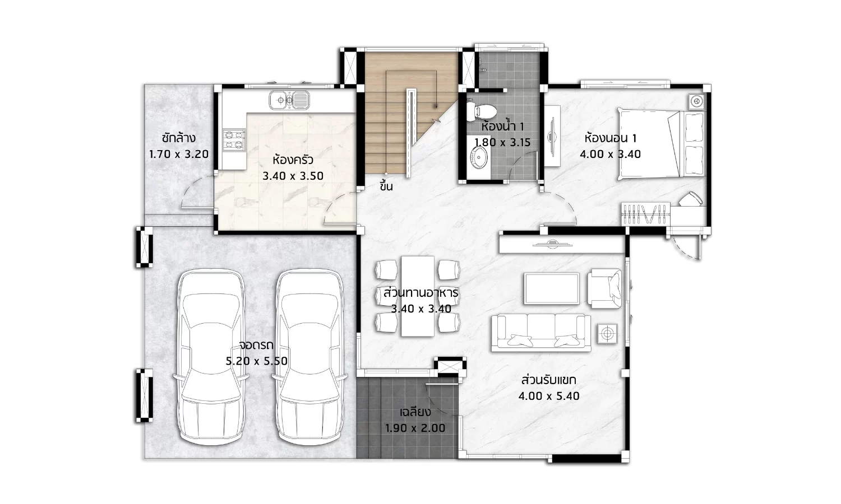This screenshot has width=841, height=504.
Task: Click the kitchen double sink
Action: click(x=289, y=100)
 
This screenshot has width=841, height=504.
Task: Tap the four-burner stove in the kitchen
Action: click(x=234, y=140)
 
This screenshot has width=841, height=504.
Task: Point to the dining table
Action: click(x=418, y=296)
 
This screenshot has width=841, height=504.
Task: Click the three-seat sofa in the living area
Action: click(x=541, y=333)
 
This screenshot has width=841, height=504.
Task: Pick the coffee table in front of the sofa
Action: click(x=552, y=289)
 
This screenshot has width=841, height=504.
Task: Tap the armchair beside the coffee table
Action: click(x=604, y=289)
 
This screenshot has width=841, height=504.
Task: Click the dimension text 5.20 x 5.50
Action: click(x=257, y=361)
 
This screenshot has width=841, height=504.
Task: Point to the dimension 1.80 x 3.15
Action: click(x=502, y=142)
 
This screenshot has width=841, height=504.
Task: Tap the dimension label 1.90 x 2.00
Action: click(x=415, y=428)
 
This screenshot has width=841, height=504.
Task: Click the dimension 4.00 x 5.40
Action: click(x=549, y=396)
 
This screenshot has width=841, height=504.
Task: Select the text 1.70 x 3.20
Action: click(x=179, y=154)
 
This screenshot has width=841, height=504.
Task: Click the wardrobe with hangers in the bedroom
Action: click(x=646, y=214)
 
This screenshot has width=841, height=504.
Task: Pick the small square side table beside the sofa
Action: click(x=607, y=333)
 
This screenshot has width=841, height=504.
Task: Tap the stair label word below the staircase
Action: click(x=386, y=185)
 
